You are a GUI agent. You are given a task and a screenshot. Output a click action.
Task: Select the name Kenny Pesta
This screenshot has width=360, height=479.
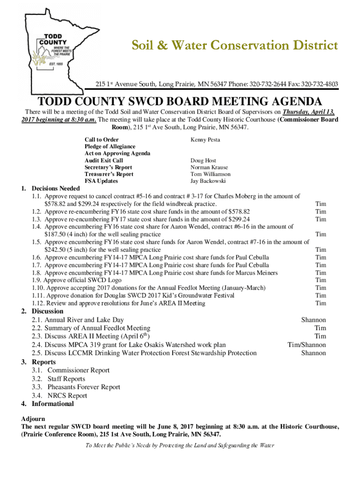tap(205, 140)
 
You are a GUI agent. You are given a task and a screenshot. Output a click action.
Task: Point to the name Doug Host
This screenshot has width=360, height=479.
tap(203, 160)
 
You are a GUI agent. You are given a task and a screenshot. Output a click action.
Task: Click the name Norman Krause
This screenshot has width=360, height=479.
tap(209, 167)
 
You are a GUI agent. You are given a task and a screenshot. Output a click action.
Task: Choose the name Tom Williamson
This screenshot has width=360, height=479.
tap(210, 174)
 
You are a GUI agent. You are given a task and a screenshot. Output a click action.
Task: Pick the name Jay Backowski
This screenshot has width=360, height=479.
tap(208, 181)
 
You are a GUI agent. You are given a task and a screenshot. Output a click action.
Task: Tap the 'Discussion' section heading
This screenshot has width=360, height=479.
tap(47, 311)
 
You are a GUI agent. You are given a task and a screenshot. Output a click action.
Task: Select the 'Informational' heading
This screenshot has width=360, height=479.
tap(52, 404)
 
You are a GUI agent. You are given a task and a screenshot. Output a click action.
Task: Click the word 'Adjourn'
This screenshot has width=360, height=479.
tap(33, 419)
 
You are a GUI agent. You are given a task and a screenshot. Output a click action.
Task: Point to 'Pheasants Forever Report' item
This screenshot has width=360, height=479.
tap(84, 387)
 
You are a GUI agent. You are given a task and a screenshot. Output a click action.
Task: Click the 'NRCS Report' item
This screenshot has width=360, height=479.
tap(67, 395)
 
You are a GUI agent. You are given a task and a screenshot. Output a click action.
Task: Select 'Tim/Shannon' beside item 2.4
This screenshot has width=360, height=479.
tap(306, 345)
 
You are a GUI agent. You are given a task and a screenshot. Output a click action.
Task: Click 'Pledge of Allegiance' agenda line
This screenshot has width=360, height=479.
tap(110, 147)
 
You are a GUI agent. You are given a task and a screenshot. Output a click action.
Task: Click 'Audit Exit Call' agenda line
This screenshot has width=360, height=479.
tap(104, 160)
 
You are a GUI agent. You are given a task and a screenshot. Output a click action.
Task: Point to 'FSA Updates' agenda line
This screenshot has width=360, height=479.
tap(101, 181)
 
